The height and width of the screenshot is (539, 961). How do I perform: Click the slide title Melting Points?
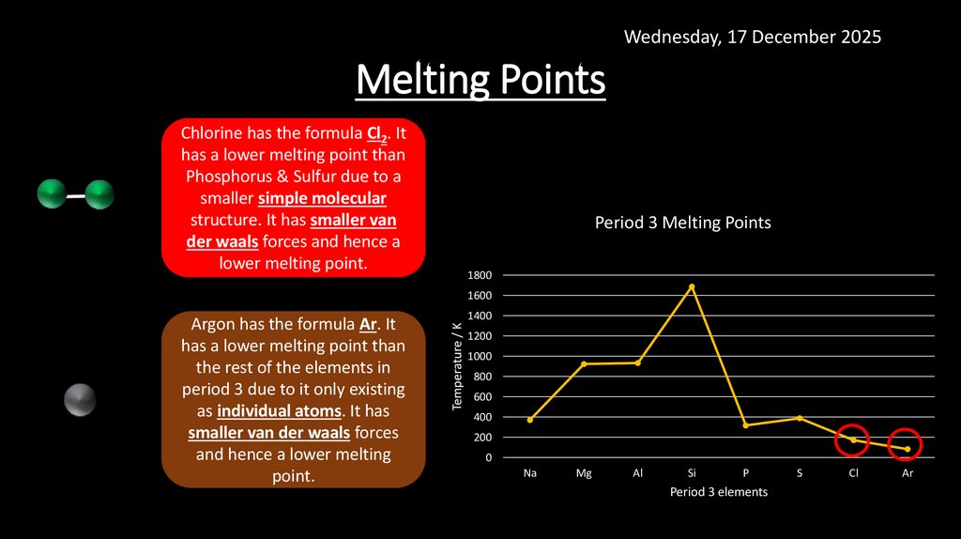(x=480, y=81)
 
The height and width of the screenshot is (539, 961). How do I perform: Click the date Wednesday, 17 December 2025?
(x=752, y=37)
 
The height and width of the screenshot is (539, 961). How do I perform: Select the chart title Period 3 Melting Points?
(x=682, y=223)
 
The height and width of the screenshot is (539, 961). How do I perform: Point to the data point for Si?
(x=692, y=286)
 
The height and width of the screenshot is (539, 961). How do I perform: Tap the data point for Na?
(x=530, y=420)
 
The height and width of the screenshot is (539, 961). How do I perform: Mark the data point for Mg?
(x=584, y=363)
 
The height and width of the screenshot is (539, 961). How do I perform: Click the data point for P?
(x=745, y=425)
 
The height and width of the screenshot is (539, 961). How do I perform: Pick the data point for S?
(x=800, y=418)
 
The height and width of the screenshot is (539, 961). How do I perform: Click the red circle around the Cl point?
(x=852, y=440)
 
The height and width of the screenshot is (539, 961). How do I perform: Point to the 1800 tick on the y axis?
(x=480, y=275)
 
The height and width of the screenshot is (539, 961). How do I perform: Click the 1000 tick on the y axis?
(x=480, y=356)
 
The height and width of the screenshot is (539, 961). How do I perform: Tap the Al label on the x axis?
(x=637, y=474)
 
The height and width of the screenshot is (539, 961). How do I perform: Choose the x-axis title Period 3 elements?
(x=718, y=492)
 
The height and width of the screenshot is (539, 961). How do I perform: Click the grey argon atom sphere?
(x=80, y=400)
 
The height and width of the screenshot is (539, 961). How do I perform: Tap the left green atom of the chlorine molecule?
(x=52, y=195)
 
